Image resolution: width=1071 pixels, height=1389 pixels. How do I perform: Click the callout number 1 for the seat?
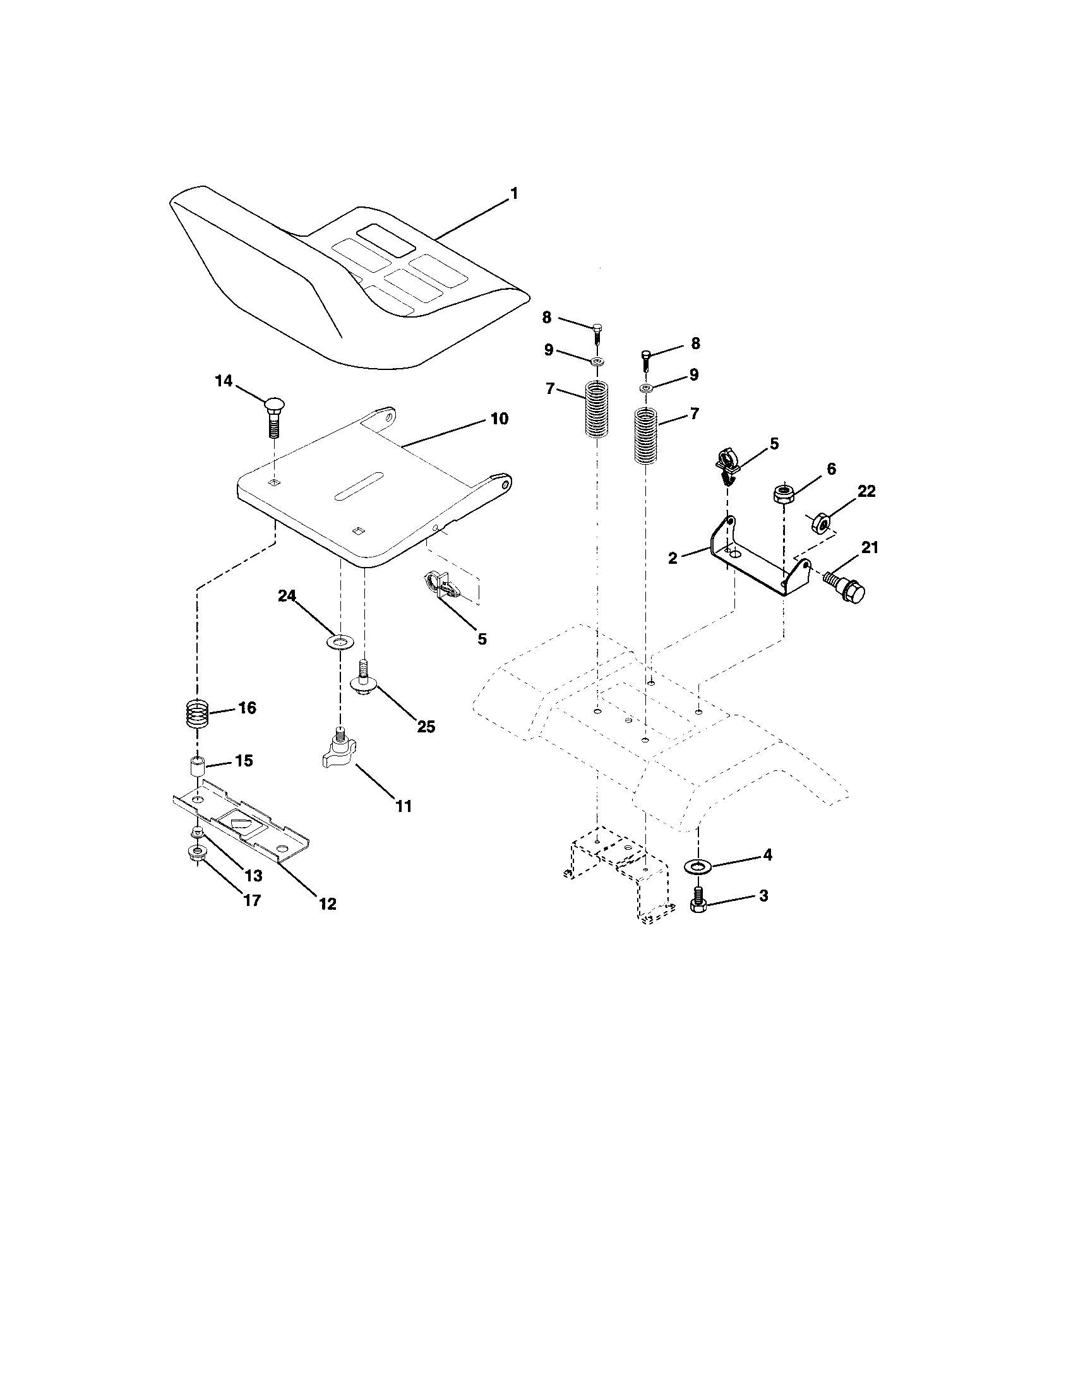[x=514, y=193]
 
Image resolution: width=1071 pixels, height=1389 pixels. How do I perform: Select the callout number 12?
[x=327, y=903]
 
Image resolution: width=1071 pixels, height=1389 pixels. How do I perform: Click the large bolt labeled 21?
[x=846, y=587]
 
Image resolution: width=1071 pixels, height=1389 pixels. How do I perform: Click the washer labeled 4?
[x=701, y=866]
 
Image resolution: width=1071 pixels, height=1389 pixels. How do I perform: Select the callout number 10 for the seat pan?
[x=500, y=419]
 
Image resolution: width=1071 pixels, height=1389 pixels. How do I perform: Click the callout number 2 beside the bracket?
[x=673, y=558]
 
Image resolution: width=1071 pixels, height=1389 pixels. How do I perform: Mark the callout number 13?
[x=253, y=876]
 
